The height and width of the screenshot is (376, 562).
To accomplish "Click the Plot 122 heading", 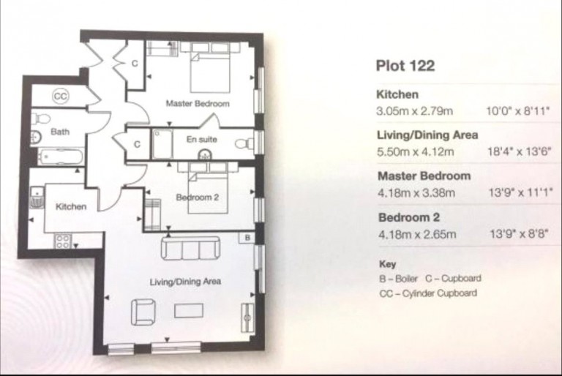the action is click(405, 66).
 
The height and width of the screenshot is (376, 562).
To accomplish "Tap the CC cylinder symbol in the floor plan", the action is click(60, 96).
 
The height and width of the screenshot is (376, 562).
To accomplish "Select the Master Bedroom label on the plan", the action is click(198, 104).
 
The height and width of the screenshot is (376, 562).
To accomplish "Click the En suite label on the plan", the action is click(202, 139).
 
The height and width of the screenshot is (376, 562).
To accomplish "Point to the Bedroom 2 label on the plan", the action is click(197, 197).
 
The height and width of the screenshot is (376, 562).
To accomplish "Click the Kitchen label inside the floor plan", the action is click(71, 206).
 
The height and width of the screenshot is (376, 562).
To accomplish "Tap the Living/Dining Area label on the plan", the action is click(185, 282).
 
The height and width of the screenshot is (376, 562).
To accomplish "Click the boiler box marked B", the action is click(247, 238).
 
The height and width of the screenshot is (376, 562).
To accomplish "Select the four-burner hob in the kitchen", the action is click(63, 241).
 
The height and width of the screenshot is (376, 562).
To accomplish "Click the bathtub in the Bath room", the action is click(61, 157).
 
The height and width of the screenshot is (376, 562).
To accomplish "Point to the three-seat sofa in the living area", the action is click(190, 249).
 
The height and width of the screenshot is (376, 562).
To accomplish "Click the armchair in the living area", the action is click(143, 312).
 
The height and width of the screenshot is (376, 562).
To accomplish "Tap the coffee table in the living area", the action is click(189, 311).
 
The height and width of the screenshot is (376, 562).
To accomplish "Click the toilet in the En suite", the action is click(245, 144).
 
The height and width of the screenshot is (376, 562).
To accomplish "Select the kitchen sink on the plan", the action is click(37, 198).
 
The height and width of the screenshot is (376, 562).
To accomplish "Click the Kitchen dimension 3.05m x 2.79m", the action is click(415, 111).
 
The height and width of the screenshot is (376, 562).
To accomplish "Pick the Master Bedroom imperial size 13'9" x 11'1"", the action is click(521, 193).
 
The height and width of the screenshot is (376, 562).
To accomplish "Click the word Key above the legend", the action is click(387, 264).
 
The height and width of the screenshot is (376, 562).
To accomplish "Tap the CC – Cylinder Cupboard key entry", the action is click(428, 293).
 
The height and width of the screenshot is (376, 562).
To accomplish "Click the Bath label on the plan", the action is click(60, 132).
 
